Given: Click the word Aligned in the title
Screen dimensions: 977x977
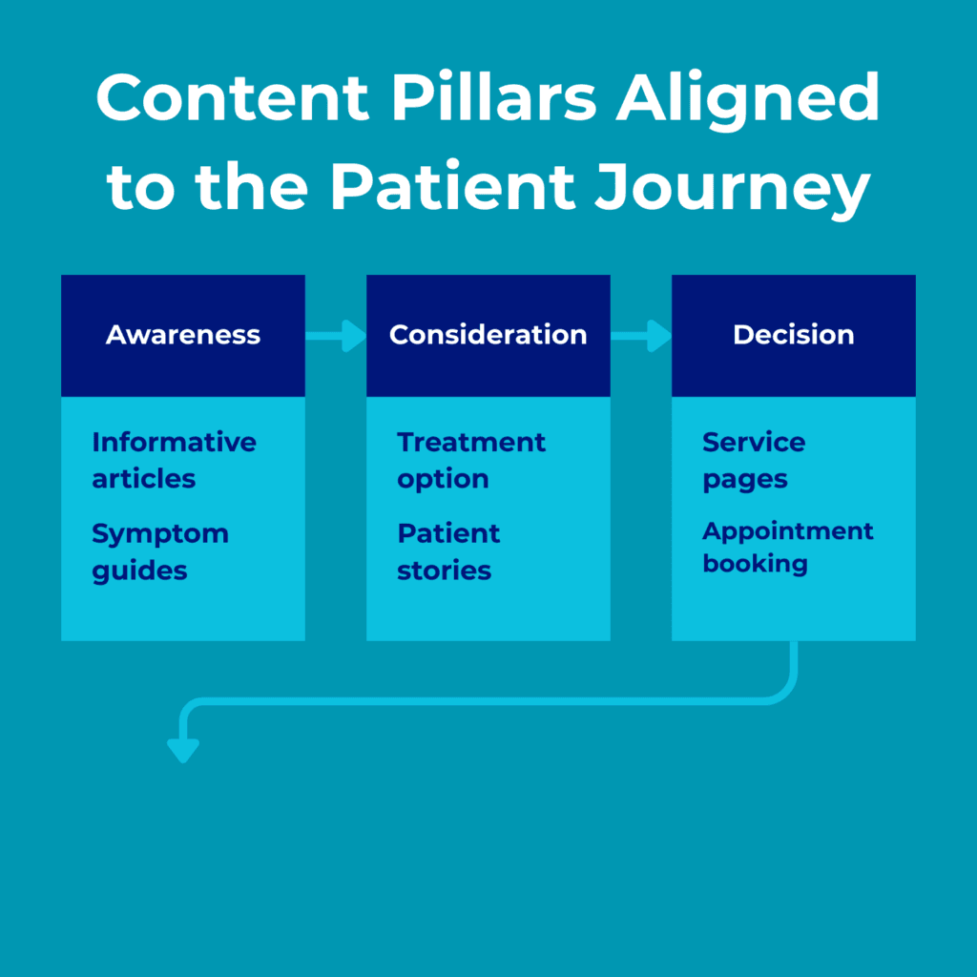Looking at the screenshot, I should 747,98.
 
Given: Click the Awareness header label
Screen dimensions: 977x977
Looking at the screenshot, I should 183,335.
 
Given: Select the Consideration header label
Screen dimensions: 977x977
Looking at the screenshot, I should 488,335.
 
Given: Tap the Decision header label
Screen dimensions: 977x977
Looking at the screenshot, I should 794,335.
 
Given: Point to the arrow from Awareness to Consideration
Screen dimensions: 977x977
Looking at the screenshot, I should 337,335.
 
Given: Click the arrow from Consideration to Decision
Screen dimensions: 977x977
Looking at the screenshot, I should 642,335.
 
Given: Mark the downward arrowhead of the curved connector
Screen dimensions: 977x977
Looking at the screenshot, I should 182,751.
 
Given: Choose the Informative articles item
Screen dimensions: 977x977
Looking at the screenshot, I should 174,460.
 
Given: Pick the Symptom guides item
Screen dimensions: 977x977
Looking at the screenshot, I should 159,551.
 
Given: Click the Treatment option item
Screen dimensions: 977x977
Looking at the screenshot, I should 471,460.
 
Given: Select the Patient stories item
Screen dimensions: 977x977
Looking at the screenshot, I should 448,551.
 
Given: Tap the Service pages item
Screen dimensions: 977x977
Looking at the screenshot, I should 754,460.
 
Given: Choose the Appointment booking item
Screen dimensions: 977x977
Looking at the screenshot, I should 787,547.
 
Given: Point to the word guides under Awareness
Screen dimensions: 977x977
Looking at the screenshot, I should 139,572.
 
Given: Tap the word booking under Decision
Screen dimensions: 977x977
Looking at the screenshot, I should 755,564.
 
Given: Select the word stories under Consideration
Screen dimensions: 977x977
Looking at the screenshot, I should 445,571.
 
